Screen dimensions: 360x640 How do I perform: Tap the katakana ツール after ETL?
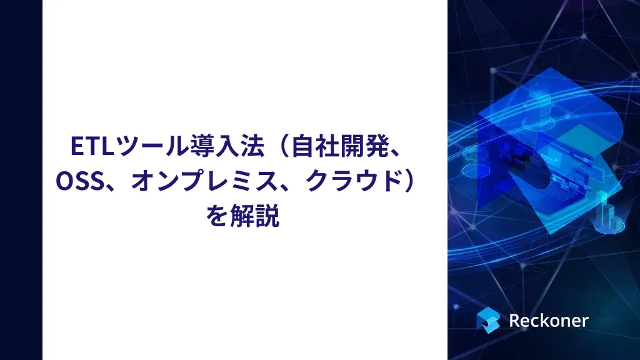[x=143, y=146]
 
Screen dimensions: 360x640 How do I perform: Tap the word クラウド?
[x=351, y=181]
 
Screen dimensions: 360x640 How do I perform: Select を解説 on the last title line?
[x=242, y=216]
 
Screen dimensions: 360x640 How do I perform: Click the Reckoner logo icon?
[x=487, y=319]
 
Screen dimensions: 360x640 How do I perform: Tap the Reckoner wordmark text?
[x=548, y=320]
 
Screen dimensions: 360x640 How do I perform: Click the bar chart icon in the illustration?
[x=609, y=216]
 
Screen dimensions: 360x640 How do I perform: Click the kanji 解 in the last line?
[x=242, y=216]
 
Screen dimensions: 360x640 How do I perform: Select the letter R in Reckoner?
[x=515, y=320]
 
